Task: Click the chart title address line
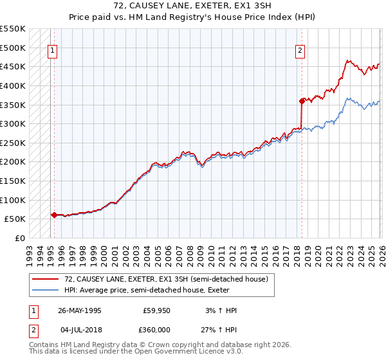192,5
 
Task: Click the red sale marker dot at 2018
301,100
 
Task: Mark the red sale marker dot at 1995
54,215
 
